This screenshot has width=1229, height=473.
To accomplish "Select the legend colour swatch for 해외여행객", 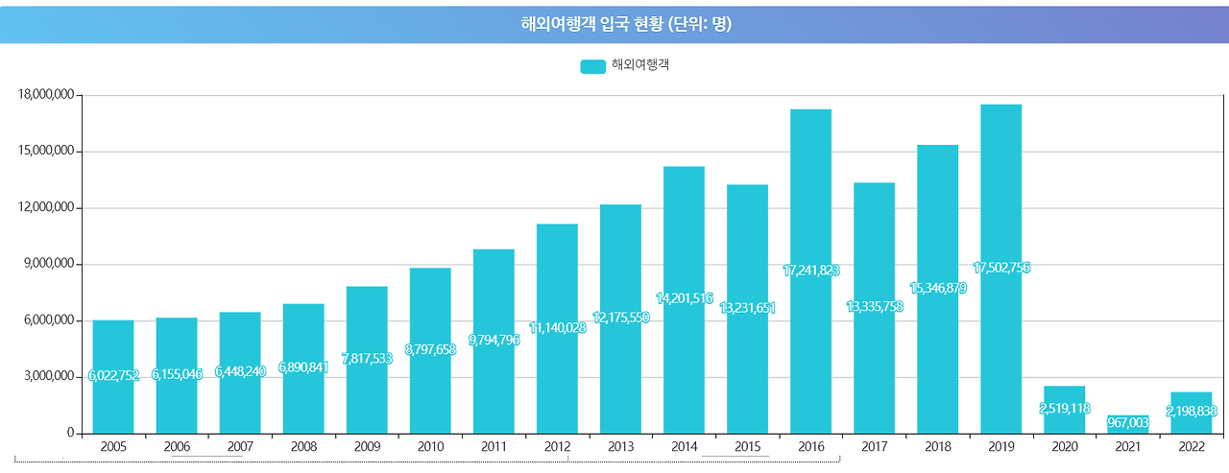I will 592,66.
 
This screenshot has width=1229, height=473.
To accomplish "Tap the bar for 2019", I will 1000,192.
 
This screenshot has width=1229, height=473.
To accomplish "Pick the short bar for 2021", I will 1127,425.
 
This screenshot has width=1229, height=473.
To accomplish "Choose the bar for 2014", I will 684,240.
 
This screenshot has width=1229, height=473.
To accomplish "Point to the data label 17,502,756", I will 1001,268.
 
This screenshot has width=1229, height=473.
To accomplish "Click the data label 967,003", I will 1128,422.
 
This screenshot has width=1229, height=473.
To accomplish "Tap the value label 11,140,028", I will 558,328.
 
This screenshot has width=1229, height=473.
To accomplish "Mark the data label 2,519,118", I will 1064,409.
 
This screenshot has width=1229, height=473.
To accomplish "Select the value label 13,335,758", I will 875,306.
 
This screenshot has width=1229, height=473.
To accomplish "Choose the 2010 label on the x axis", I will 430,446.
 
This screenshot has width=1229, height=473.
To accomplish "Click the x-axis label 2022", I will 1191,446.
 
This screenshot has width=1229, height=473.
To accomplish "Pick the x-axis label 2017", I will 874,446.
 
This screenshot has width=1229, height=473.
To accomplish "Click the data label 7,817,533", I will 367,358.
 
